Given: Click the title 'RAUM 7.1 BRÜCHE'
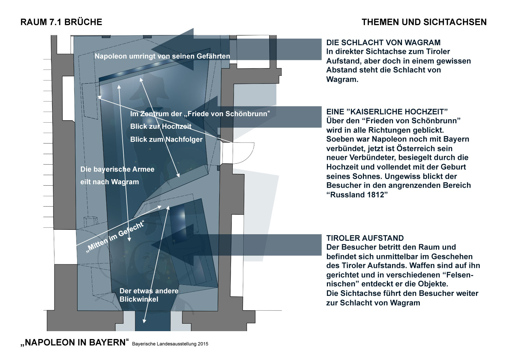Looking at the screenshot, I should [x=61, y=22].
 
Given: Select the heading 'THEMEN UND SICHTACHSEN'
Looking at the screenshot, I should [x=424, y=22].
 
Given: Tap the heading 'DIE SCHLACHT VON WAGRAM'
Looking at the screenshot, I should [x=383, y=42].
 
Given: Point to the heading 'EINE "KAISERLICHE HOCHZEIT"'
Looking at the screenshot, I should [x=387, y=112].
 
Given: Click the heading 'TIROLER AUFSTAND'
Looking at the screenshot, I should [x=365, y=238].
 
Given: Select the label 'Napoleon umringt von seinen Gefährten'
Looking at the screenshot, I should [x=162, y=56].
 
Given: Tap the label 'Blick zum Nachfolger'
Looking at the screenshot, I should [x=166, y=139].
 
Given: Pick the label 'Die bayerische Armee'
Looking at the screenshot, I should [x=117, y=169].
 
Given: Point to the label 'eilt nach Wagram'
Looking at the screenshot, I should [x=110, y=182].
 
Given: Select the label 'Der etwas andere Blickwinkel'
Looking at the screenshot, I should [x=149, y=295].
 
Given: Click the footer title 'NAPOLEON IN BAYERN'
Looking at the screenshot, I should [x=74, y=342].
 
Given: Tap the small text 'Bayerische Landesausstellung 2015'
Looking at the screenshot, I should [x=170, y=343].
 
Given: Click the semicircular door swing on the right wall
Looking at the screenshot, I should [x=240, y=153].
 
